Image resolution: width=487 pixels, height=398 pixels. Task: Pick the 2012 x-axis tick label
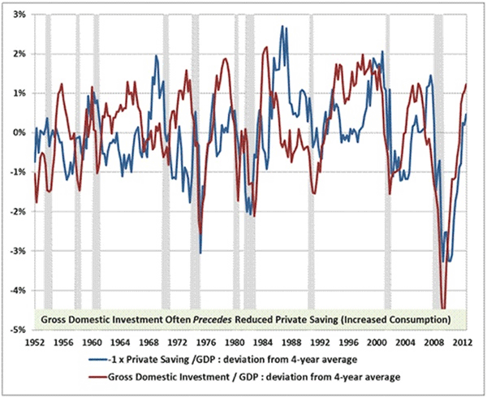point(464,342)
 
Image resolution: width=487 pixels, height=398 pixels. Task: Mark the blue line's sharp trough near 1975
point(200,253)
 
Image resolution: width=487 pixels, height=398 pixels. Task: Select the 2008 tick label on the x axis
point(435,342)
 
